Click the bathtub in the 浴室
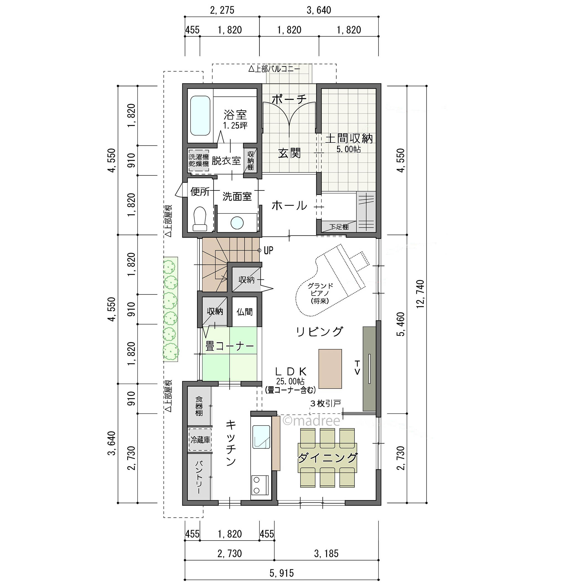point(200,116)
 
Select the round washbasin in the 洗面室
point(237,223)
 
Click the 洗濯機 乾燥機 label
point(199,161)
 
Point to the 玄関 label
point(289,153)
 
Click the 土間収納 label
point(349,139)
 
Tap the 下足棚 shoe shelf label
point(339,227)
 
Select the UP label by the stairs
point(268,251)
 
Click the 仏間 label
point(245,312)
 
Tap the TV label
point(357,367)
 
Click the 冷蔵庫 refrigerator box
point(200,440)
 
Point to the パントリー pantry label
point(199,477)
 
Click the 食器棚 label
point(199,406)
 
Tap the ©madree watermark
point(311,421)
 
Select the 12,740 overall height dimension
point(420,294)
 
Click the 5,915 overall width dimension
point(282,573)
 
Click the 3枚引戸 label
point(325,404)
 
